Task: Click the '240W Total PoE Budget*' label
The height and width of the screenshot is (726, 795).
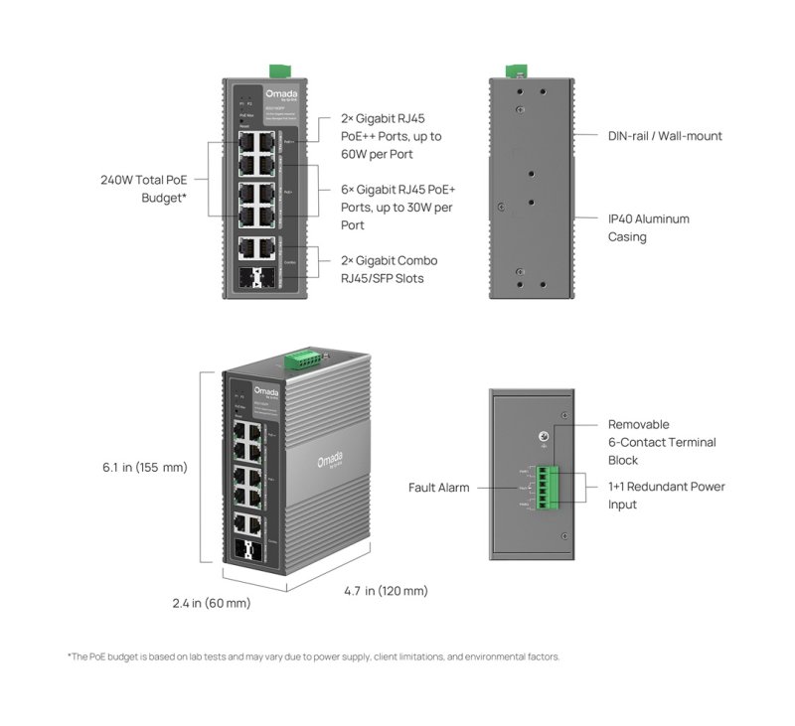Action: point(143,189)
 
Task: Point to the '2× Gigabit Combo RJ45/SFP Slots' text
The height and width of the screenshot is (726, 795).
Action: point(375,269)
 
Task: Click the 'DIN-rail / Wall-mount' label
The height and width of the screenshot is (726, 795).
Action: point(665,135)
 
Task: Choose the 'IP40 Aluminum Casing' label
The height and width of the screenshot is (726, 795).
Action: point(648,227)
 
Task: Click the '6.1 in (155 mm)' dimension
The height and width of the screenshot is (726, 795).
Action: point(144,467)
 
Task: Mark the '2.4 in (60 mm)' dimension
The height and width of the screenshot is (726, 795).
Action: point(211,603)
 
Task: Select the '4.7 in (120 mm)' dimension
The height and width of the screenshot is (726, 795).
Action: point(386,591)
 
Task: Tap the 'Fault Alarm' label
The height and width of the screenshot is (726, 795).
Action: point(438,488)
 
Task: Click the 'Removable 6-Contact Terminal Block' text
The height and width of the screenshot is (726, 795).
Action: point(661,442)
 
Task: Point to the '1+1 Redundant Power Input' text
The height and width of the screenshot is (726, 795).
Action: point(666,496)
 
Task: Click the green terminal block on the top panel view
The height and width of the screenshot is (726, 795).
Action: point(547,488)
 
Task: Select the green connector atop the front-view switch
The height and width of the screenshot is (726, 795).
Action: point(278,71)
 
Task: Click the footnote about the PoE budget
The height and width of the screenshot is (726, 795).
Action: point(313,656)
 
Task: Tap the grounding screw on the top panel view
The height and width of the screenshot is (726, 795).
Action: point(543,437)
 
